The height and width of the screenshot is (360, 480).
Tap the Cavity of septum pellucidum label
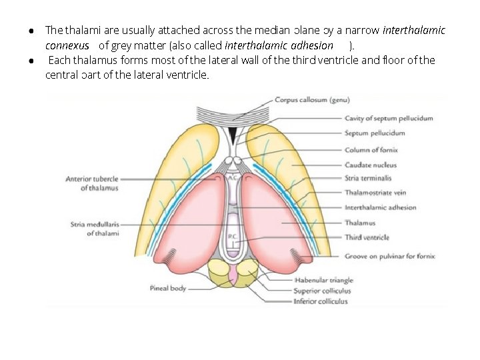click(389, 119)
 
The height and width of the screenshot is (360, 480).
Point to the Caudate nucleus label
click(371, 165)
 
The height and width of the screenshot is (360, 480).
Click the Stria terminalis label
click(368, 178)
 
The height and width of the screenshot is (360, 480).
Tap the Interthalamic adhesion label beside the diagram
click(380, 207)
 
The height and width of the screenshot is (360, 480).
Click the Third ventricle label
click(367, 237)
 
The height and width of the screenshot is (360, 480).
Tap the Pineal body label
click(168, 289)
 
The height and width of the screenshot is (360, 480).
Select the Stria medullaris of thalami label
click(95, 229)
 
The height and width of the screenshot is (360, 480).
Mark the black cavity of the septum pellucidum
click(231, 136)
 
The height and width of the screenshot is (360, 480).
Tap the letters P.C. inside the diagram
click(231, 237)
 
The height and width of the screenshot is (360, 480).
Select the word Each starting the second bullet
click(59, 61)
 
